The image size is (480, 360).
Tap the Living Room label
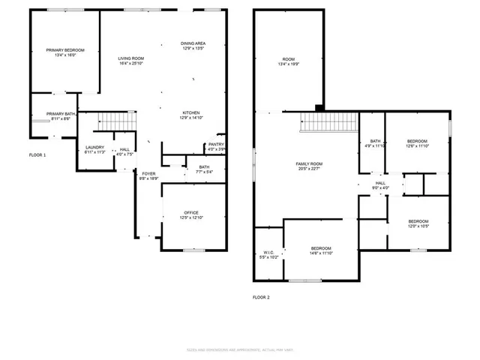[131, 58]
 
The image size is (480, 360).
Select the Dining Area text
[193, 43]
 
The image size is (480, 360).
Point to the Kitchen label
[190, 112]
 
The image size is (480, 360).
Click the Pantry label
[216, 144]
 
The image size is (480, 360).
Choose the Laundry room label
[94, 147]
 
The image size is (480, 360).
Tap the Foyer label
[148, 173]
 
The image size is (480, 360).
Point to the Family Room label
[308, 163]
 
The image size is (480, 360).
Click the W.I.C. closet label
[268, 252]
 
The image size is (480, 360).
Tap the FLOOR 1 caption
[37, 155]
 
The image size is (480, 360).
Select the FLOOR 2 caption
[262, 297]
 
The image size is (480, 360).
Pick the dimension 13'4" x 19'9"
[289, 64]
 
